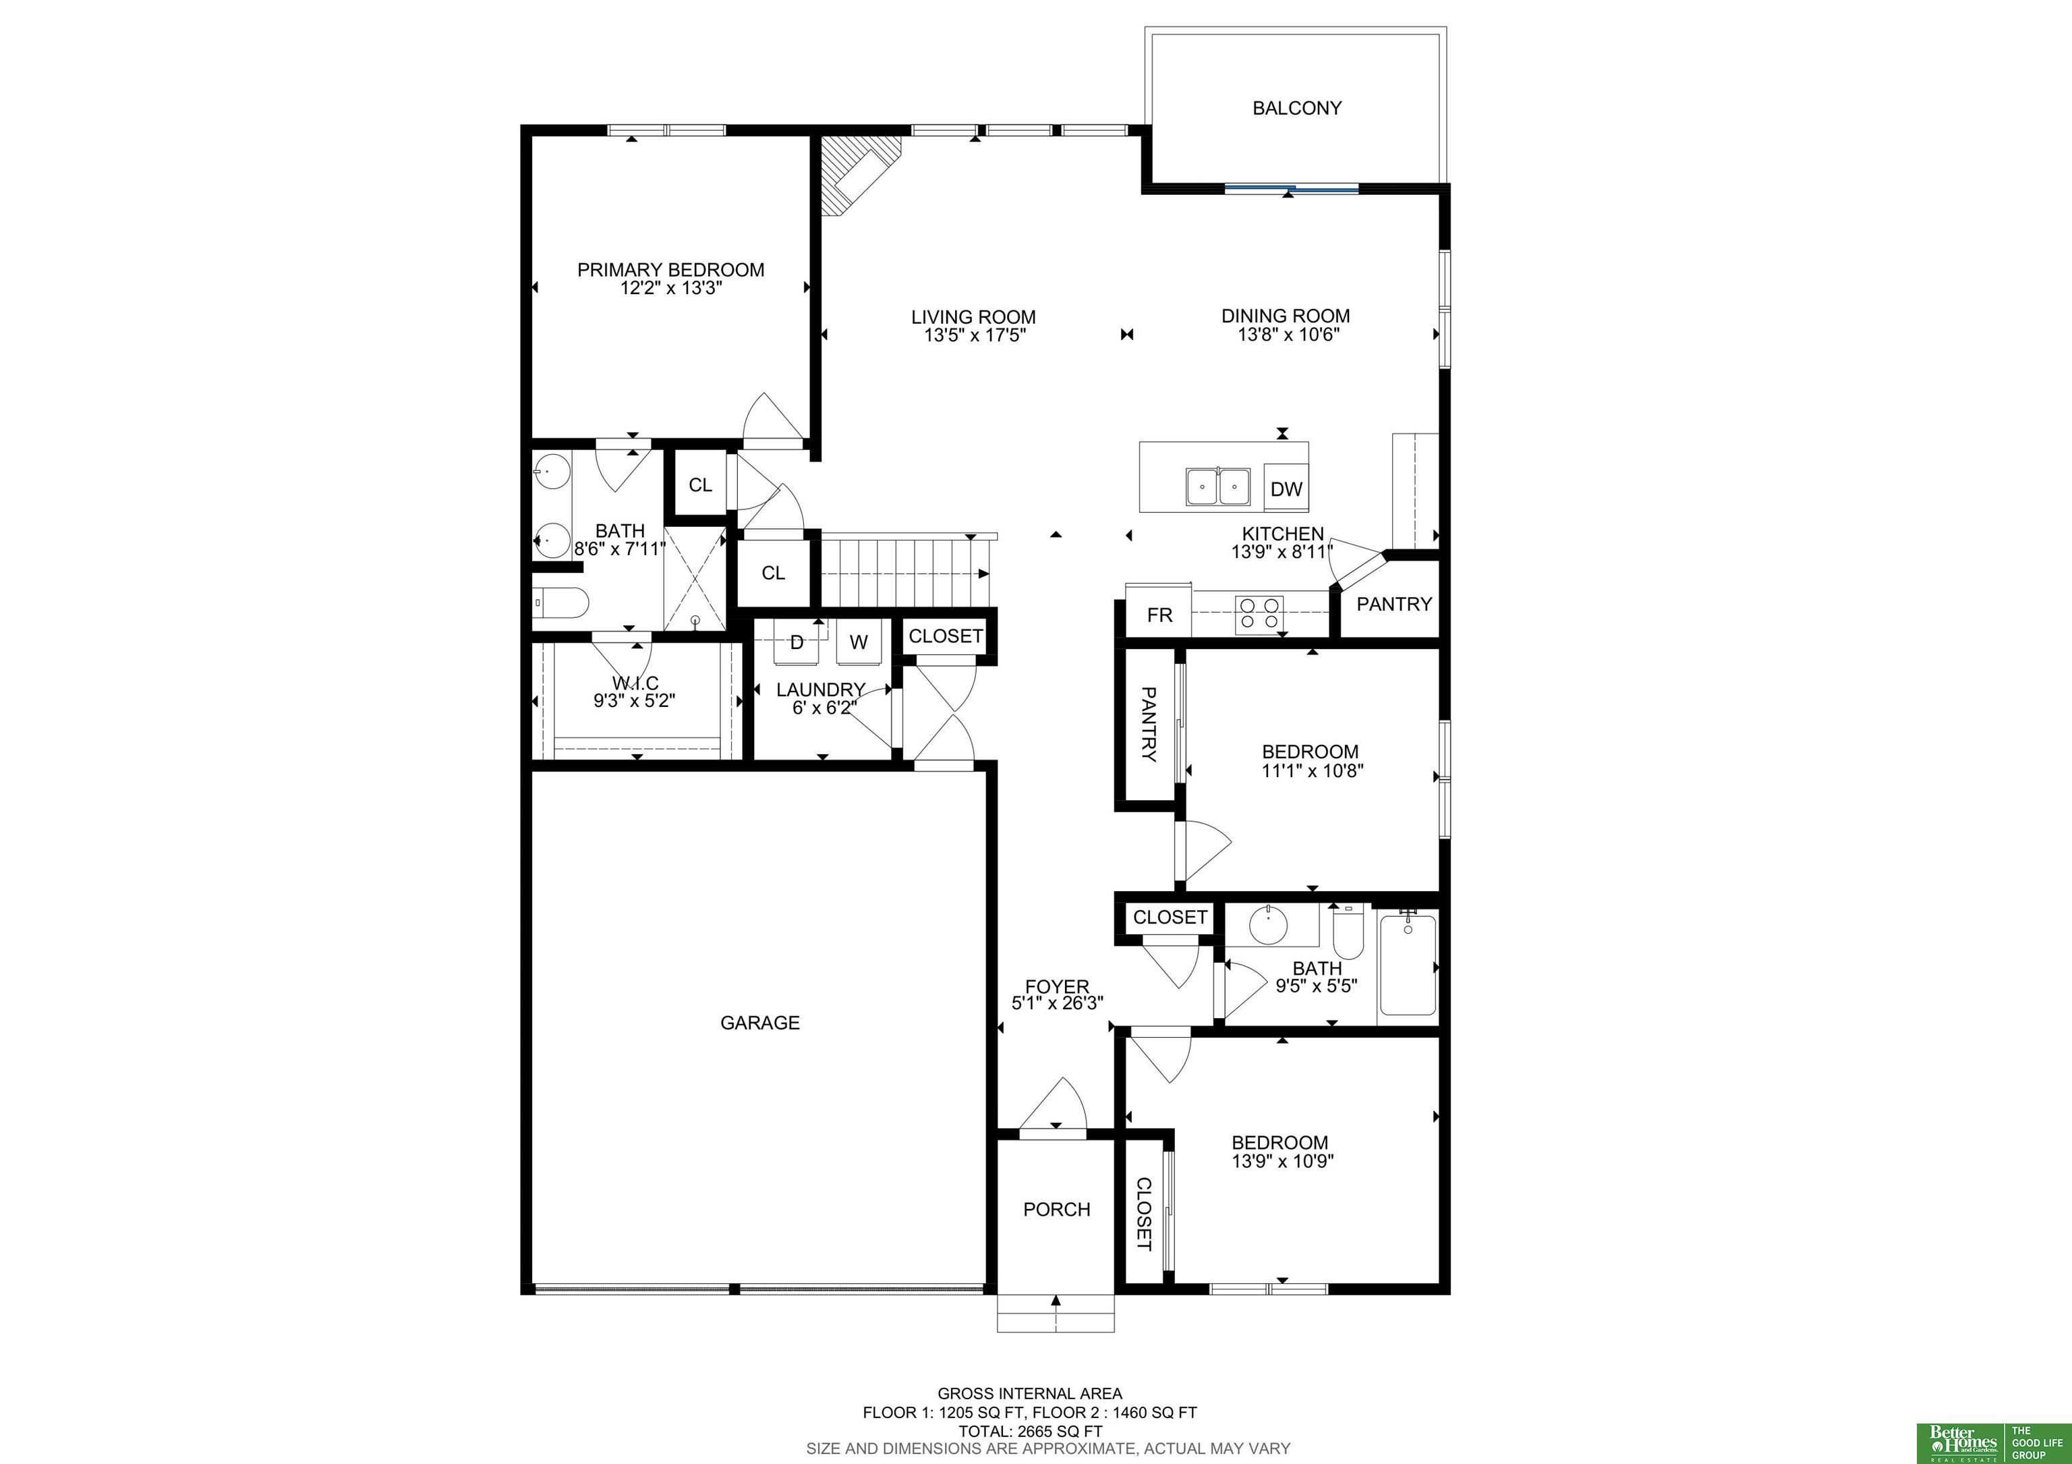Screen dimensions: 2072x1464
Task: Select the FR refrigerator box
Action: (x=1159, y=615)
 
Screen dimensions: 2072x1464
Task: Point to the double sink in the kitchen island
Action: (x=1217, y=487)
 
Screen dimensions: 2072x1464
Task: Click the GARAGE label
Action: (x=760, y=1023)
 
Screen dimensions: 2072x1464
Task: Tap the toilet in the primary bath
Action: (x=560, y=601)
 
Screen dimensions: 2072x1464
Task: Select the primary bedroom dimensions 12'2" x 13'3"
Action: (x=670, y=289)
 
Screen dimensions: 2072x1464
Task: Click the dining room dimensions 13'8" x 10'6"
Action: (x=1288, y=335)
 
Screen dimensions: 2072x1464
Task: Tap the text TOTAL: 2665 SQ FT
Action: (x=1030, y=1430)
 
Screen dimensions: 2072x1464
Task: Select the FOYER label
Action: (x=1057, y=986)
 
